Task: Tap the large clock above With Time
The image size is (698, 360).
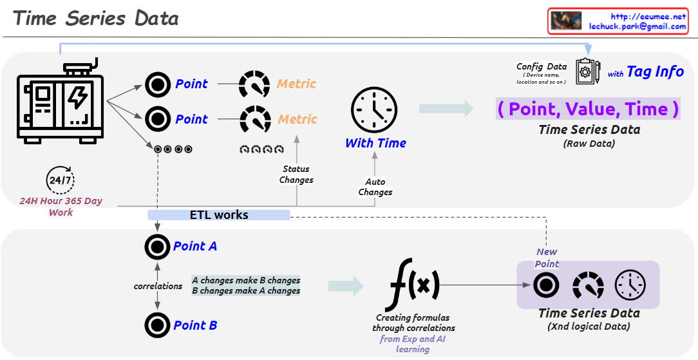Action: click(374, 111)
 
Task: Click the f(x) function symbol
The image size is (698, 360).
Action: click(414, 285)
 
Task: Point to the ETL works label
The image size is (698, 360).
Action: click(219, 214)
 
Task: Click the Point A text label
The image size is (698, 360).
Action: click(195, 246)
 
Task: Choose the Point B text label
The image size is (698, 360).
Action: click(195, 325)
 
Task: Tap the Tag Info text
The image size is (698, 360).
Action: click(655, 71)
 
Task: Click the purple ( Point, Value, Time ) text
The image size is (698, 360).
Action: click(588, 109)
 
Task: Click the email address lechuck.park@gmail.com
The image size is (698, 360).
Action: click(637, 26)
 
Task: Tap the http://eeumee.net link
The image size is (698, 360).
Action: click(648, 16)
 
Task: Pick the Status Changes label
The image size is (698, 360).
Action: click(296, 175)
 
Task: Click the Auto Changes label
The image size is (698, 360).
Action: click(375, 187)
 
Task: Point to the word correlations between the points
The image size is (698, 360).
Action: click(158, 286)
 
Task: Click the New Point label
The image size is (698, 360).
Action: click(547, 258)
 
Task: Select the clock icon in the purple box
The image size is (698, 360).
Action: click(630, 285)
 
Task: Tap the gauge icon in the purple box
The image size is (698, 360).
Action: click(589, 285)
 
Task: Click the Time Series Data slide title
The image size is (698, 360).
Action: click(95, 18)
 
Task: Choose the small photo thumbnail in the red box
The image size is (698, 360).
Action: click(566, 21)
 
